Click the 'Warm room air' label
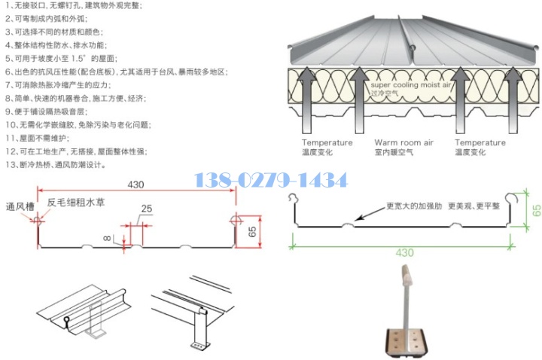pyautogui.click(x=403, y=142)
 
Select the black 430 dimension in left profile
pyautogui.click(x=135, y=184)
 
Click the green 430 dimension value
pyautogui.click(x=405, y=252)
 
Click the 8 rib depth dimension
pyautogui.click(x=108, y=239)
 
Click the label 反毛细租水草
pyautogui.click(x=78, y=202)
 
